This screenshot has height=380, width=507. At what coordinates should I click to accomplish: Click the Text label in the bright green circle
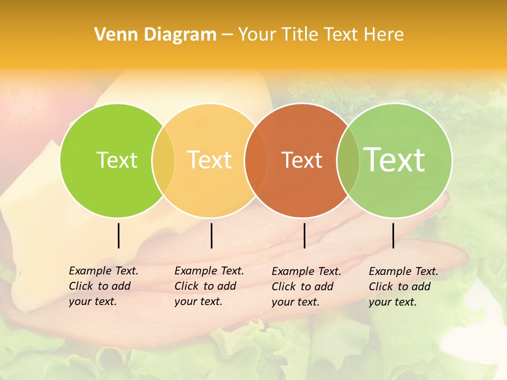coord(117,160)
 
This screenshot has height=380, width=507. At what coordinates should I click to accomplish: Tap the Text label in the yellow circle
coord(210,160)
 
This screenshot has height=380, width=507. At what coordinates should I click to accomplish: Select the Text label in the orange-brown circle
coord(302,160)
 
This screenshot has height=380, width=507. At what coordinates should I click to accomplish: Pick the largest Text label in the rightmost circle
coord(395,159)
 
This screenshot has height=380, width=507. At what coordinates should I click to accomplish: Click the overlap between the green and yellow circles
coord(163,160)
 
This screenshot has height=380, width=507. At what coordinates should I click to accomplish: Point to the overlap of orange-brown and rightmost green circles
coord(348,160)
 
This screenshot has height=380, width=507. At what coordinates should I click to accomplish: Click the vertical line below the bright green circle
coord(118,235)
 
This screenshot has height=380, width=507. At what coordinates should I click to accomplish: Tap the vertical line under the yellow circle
coord(211,235)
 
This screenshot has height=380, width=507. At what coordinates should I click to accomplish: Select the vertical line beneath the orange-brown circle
coord(304,235)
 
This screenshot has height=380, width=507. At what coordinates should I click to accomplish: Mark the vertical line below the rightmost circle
coord(393,235)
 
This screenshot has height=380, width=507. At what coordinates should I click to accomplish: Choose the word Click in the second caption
coord(186,286)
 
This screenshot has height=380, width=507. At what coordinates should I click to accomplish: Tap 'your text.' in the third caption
coord(295,302)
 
